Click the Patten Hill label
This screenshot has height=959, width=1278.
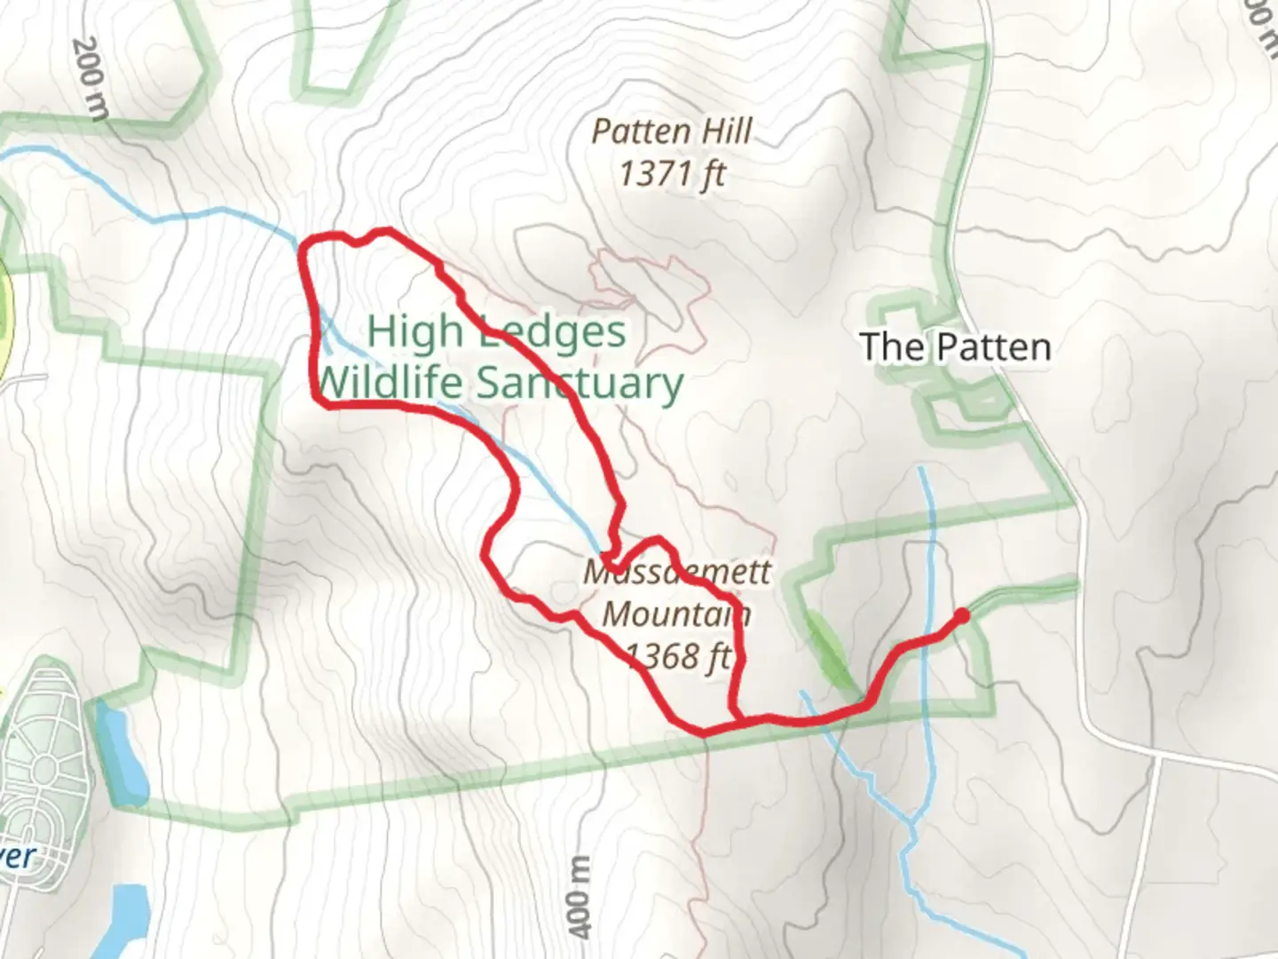tap(672, 132)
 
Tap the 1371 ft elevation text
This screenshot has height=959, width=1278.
tap(672, 173)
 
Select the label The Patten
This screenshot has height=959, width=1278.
tap(955, 346)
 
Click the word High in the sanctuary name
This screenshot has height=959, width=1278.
tap(414, 331)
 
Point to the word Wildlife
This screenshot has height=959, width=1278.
tap(389, 383)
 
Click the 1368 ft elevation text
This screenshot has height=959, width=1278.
tap(676, 656)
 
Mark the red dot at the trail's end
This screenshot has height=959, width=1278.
tap(961, 614)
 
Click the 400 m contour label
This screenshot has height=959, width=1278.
tap(579, 896)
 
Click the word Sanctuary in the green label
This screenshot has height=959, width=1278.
tap(580, 383)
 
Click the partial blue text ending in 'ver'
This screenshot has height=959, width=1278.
tap(18, 856)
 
